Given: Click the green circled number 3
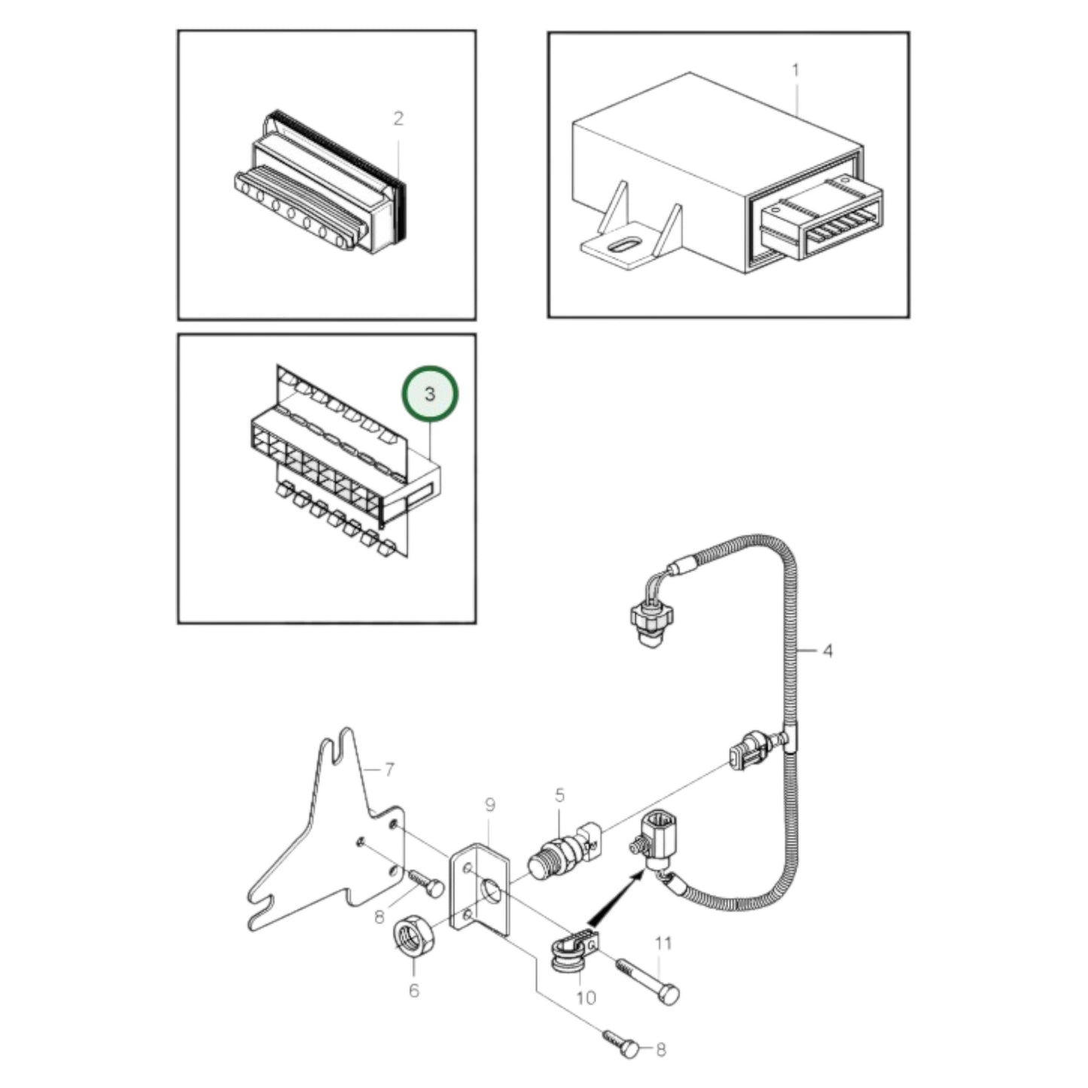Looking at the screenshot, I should click(429, 394).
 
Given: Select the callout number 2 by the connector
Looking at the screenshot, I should click(398, 118).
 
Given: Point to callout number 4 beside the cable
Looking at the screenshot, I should click(827, 650).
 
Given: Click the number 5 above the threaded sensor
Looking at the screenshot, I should click(559, 795).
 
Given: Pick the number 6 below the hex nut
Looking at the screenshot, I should click(413, 990).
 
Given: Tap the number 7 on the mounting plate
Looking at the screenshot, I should click(389, 770).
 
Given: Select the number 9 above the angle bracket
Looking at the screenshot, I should click(490, 805).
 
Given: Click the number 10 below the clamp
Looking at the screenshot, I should click(585, 998).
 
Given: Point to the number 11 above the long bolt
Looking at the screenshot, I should click(663, 943).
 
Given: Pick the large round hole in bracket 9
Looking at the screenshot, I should click(491, 891).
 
